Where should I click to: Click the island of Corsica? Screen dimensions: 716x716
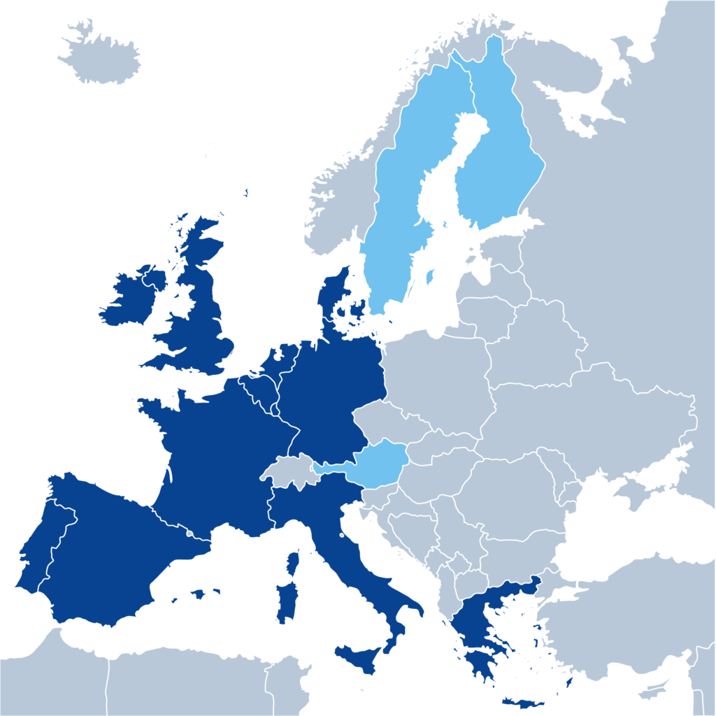point(293,563)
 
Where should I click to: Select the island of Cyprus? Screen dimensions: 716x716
point(654,689)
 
